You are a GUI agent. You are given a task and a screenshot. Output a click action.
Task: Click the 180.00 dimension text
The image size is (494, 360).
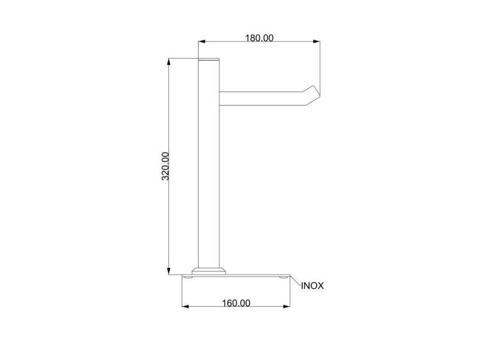(x=259, y=38)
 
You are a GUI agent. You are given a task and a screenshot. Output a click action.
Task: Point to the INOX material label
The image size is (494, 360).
(x=312, y=286)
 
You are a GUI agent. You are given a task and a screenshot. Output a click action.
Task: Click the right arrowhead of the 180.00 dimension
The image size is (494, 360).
(x=317, y=41)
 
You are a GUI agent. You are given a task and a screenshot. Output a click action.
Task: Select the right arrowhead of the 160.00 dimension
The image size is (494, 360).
(x=286, y=306)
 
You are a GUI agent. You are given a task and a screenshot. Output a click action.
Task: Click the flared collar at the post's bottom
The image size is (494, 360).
(x=209, y=269)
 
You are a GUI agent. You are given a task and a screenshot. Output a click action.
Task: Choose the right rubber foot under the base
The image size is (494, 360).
(x=282, y=278)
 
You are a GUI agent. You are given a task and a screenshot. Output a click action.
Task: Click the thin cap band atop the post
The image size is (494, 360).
(x=209, y=59)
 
